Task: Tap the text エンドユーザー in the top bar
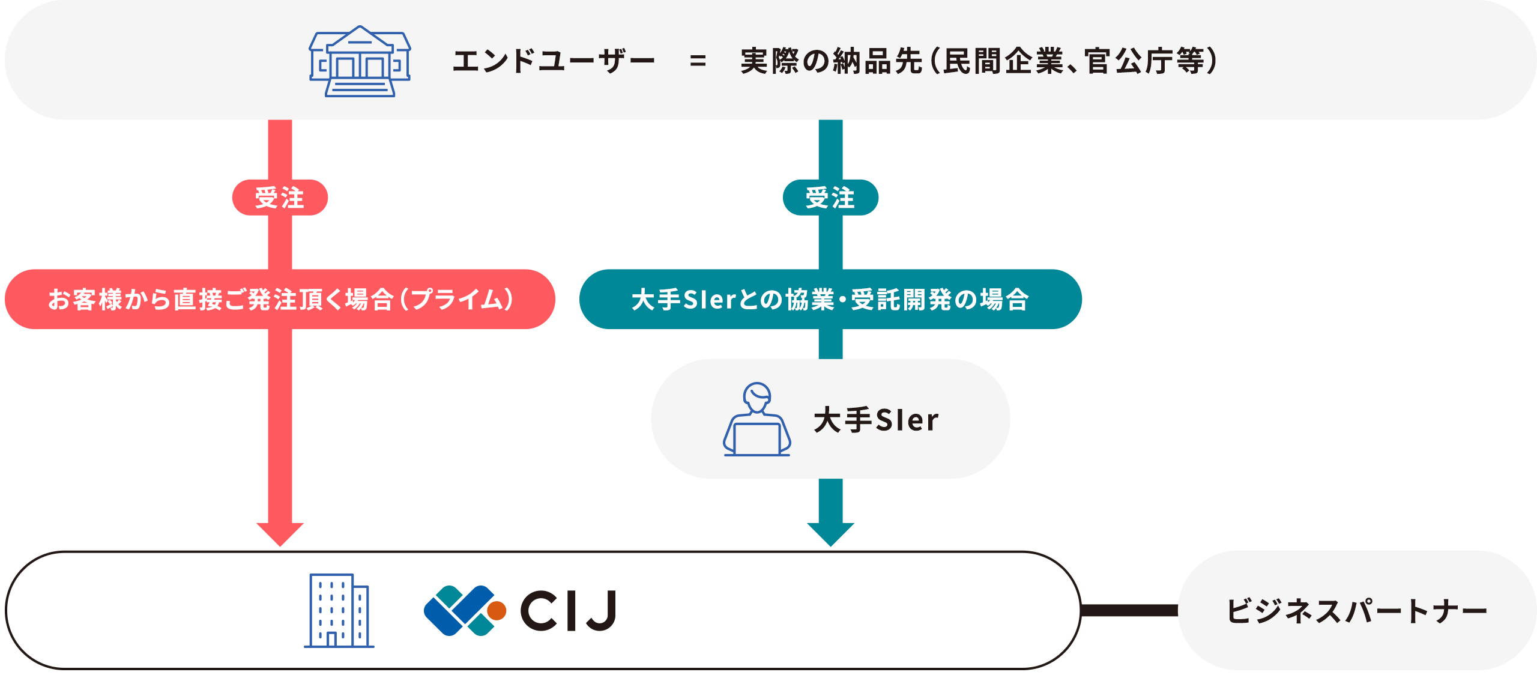tap(553, 61)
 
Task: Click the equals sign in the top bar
tap(698, 61)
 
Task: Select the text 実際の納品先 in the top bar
tap(831, 61)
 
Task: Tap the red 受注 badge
tap(280, 198)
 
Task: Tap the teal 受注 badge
tap(830, 198)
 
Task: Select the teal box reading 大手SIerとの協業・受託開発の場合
tap(830, 300)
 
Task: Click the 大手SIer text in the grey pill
tap(876, 420)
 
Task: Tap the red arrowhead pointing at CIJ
tap(280, 534)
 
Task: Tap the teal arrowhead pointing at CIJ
tap(830, 534)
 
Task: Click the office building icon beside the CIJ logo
tap(339, 610)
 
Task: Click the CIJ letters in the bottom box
tap(568, 611)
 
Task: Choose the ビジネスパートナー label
tap(1356, 611)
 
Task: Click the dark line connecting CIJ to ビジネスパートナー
tap(1129, 611)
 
